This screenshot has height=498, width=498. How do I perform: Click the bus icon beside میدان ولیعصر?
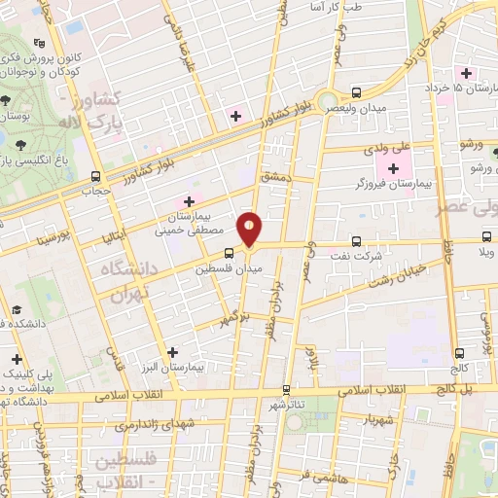point(357,93)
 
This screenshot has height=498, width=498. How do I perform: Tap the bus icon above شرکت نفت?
point(355,239)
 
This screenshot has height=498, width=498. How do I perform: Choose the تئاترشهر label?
point(288,404)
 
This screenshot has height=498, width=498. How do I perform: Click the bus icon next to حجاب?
point(95,177)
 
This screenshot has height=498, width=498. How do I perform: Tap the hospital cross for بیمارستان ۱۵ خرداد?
point(467,73)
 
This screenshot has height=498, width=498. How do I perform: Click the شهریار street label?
point(357,421)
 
